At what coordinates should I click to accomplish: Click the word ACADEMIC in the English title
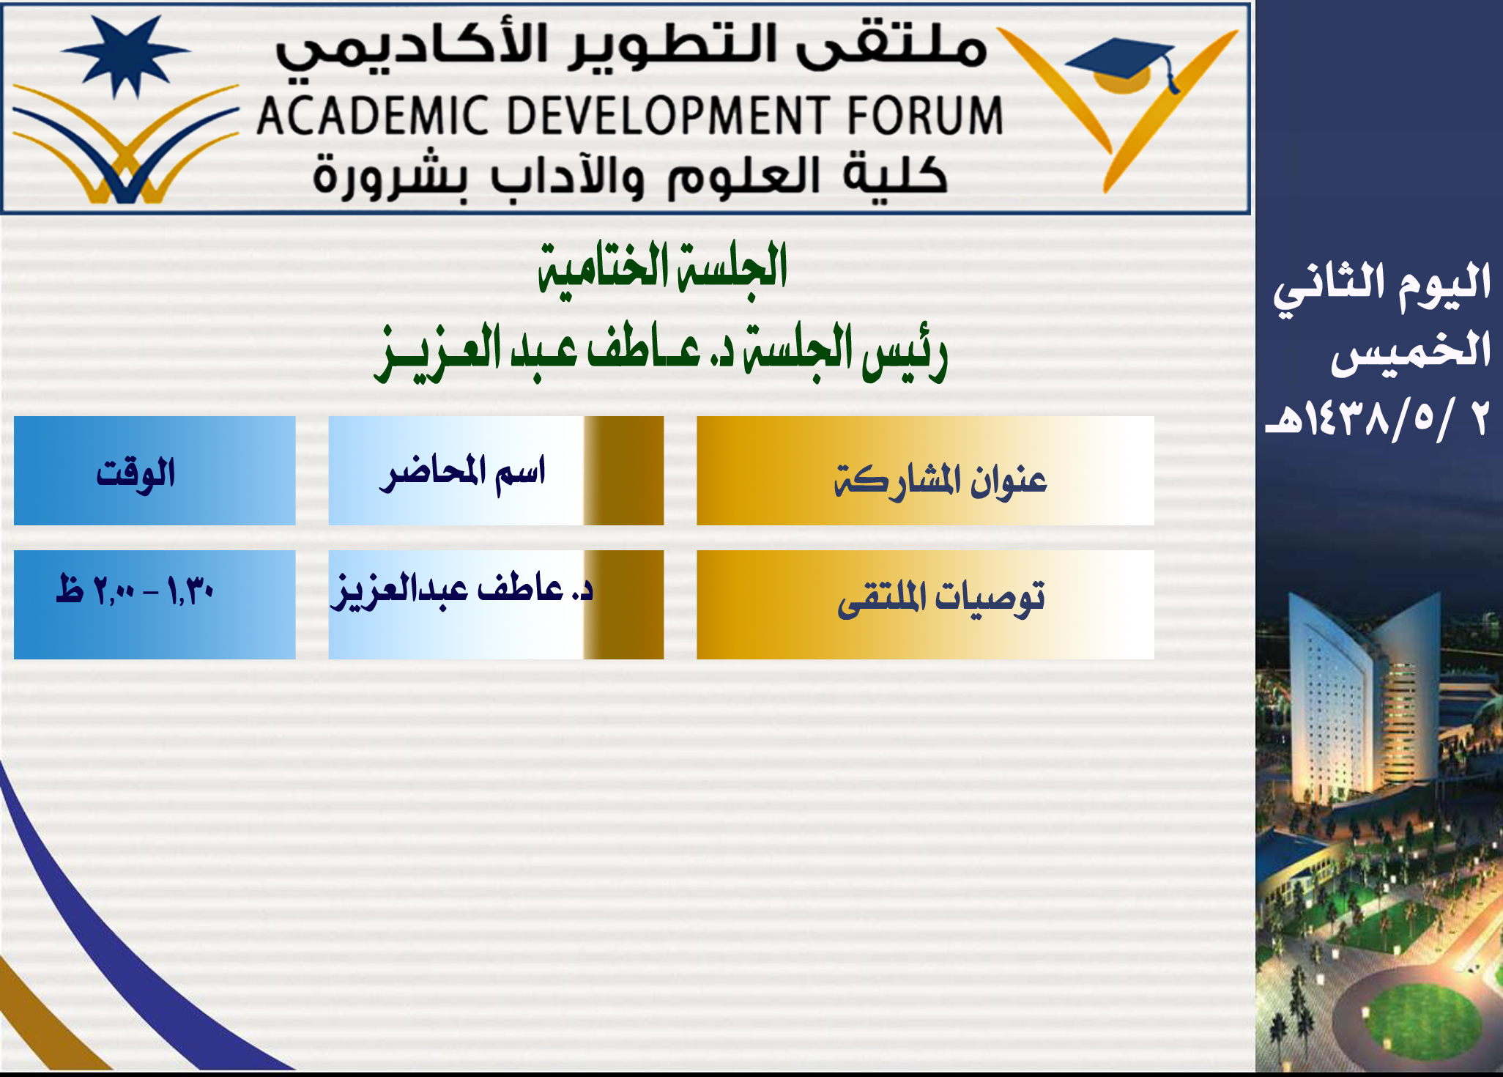coord(372,116)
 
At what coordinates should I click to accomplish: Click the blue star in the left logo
coord(125,54)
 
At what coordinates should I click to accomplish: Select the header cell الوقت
coord(155,470)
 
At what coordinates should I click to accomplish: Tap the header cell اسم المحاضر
coord(496,470)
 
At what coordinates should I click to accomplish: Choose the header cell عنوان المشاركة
coord(925,470)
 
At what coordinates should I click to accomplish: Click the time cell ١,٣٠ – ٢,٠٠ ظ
coord(155,604)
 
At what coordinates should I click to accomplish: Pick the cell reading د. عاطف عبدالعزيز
coord(496,604)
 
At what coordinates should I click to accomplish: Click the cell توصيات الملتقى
coord(925,604)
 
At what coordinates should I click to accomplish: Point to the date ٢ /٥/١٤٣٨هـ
coord(1377,419)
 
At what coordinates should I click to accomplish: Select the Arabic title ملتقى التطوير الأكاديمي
coord(631,48)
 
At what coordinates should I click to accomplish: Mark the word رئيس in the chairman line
coord(905,352)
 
